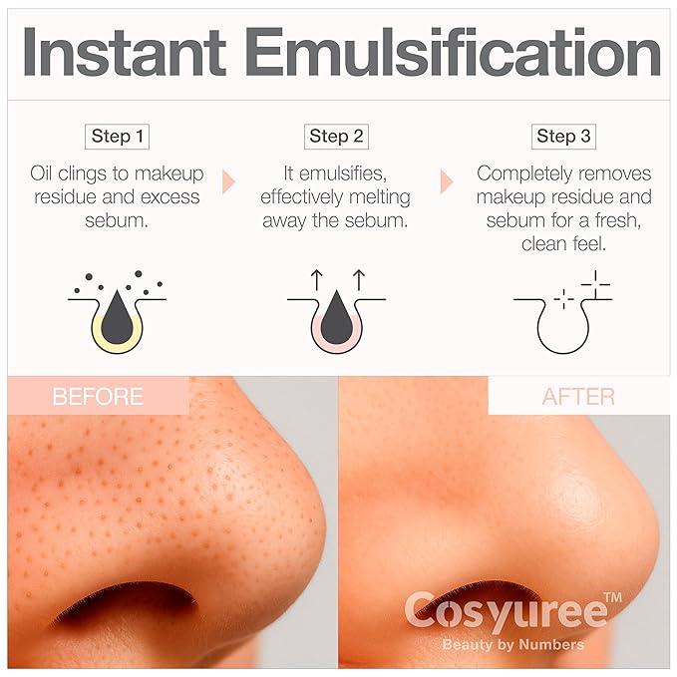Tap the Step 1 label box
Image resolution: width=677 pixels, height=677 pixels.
click(118, 137)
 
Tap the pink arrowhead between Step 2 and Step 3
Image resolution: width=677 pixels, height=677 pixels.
click(447, 181)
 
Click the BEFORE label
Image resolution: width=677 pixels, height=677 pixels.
click(97, 397)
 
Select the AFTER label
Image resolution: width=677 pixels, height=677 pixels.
click(578, 397)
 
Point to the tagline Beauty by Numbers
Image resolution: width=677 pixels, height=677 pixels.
click(513, 644)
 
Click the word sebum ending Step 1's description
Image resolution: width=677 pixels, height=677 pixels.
click(118, 220)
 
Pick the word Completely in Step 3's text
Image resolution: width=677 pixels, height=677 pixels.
click(522, 172)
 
